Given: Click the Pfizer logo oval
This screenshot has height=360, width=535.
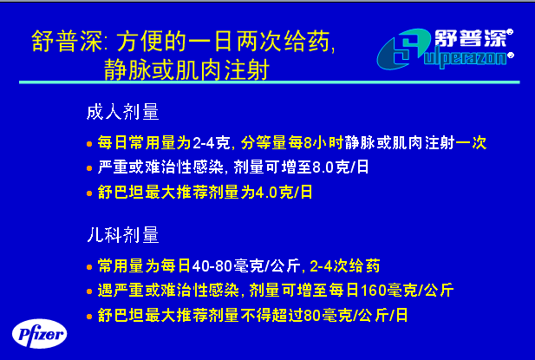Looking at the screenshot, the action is [40, 333].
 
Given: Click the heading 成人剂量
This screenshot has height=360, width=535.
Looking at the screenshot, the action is [123, 112].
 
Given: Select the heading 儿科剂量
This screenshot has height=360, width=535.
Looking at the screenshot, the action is [123, 234].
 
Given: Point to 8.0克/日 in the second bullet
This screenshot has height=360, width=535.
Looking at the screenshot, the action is [341, 167].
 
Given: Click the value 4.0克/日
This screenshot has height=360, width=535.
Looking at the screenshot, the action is [284, 192].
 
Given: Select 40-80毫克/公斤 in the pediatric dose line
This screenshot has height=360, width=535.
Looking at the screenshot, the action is [246, 265].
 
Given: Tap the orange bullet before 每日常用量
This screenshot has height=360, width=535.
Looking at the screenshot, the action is [89, 144].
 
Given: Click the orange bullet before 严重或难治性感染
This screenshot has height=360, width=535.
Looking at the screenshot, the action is [89, 168].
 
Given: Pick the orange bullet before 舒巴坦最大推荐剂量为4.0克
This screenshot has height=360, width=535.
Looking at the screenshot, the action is [89, 193].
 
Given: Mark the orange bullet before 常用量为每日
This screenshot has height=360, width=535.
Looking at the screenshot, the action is [89, 267].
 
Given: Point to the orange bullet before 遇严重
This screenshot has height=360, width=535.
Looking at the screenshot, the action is [89, 291].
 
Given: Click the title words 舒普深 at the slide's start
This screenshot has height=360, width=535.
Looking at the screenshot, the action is [67, 42].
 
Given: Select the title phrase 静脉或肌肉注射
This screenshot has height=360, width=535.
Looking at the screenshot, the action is [186, 69].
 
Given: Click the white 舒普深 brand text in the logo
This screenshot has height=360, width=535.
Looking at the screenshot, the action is [471, 38].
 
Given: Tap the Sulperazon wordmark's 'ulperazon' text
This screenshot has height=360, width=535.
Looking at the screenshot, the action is [466, 59].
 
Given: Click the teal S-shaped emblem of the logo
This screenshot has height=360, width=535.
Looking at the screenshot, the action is [402, 49].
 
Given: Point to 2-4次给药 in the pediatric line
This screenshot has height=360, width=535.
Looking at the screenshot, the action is [345, 265].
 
